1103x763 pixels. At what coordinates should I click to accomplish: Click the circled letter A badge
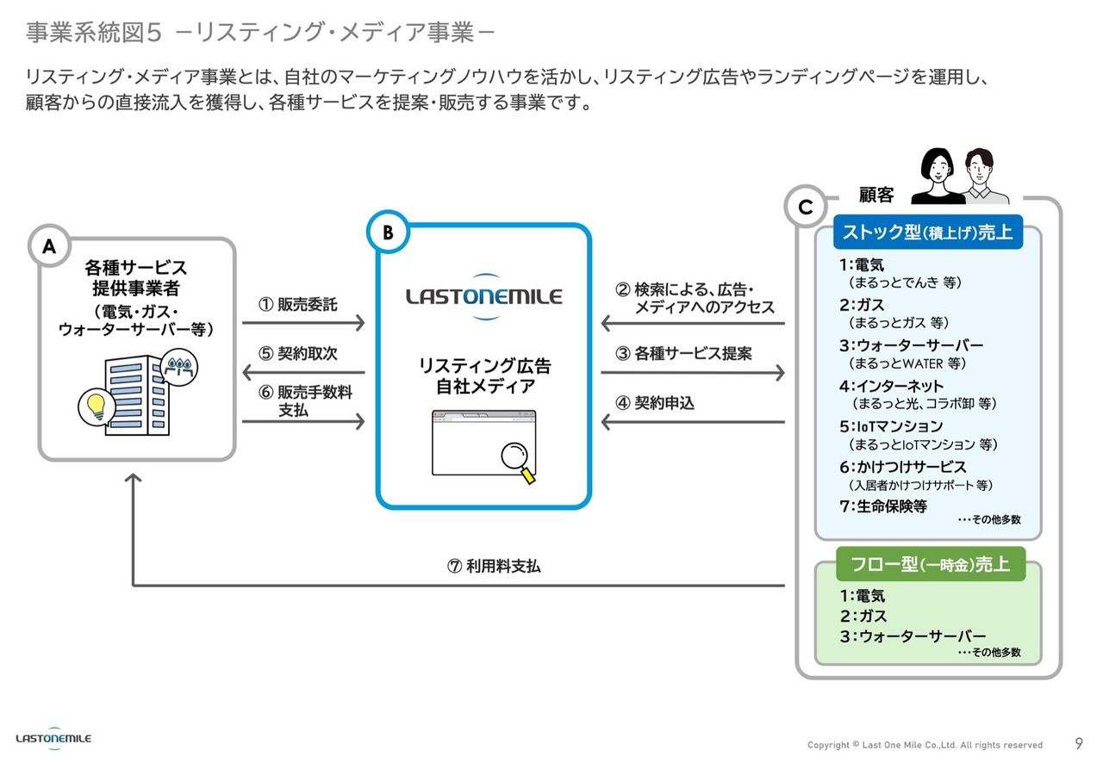click(49, 246)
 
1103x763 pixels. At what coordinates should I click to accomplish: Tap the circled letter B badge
click(387, 232)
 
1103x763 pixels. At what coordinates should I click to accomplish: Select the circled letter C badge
click(806, 208)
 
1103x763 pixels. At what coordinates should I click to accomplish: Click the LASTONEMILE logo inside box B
click(483, 298)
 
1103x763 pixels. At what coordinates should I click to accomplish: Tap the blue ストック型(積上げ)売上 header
click(926, 232)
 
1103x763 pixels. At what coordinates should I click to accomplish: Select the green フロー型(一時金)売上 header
click(931, 564)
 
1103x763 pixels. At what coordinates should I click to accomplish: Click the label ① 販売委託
click(298, 305)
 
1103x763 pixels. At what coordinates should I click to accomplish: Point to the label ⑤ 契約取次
click(298, 353)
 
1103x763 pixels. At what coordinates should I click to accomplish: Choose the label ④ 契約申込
click(655, 402)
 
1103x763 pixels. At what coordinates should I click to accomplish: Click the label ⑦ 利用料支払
click(494, 566)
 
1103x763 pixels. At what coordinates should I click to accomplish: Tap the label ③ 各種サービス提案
click(683, 353)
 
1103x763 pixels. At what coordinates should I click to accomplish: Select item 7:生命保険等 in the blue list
click(883, 506)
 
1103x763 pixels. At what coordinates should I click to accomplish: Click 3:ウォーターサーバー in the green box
click(913, 636)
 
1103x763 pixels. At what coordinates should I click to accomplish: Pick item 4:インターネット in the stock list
click(891, 386)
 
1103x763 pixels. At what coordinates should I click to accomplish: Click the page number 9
click(1079, 743)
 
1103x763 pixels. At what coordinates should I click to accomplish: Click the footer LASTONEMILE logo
click(53, 739)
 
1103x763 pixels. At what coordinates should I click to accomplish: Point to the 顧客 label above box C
click(876, 195)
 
